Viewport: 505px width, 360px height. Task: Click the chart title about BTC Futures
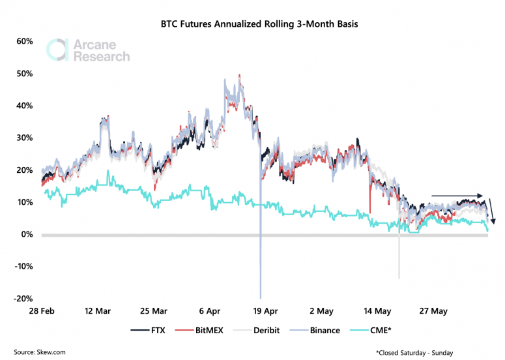(x=259, y=25)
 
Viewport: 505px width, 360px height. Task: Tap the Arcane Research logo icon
(x=57, y=50)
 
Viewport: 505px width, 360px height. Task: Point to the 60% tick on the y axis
(x=25, y=41)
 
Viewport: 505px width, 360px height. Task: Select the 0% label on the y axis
(x=27, y=234)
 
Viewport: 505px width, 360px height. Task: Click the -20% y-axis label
(x=23, y=299)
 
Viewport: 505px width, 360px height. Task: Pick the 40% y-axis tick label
(x=25, y=106)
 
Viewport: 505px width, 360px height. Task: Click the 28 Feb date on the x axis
(x=42, y=312)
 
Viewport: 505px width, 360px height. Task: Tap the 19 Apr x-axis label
(x=265, y=312)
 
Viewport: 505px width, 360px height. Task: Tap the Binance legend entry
(x=317, y=330)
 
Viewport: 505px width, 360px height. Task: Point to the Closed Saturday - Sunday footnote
(x=414, y=352)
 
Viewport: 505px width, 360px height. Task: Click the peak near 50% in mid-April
(x=240, y=76)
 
